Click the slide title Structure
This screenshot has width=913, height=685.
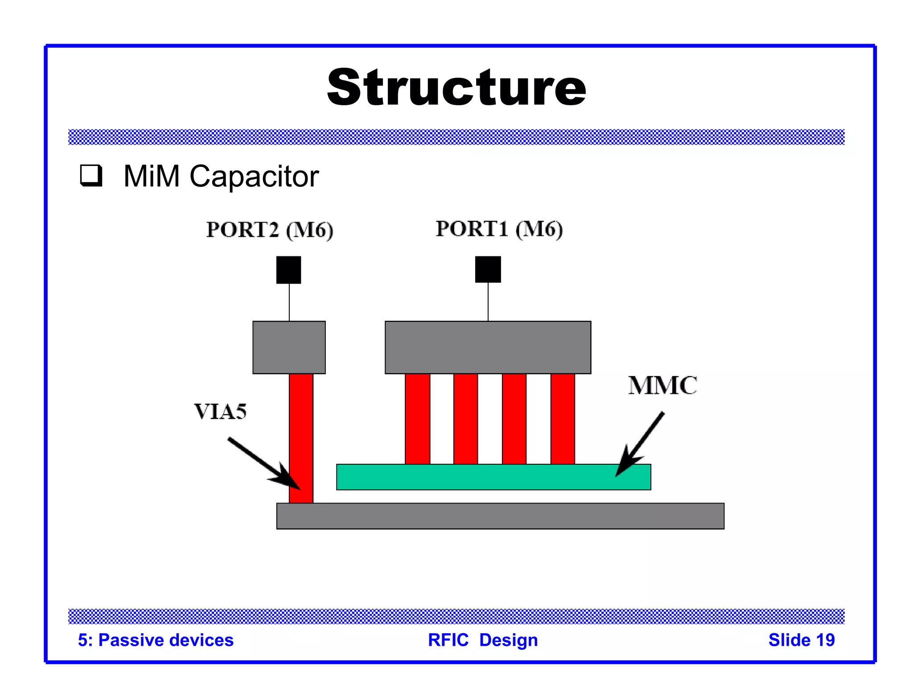456,87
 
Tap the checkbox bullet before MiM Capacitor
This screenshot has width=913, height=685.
91,175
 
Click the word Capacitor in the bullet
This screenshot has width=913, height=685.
254,177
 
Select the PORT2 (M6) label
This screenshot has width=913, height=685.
270,230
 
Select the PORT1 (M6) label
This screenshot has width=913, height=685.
499,229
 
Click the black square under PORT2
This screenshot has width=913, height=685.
288,270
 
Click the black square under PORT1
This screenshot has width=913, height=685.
488,269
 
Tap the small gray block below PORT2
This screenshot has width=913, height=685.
289,347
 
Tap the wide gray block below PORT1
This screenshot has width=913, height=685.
488,347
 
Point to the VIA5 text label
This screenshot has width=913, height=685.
220,411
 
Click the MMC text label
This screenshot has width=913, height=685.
662,385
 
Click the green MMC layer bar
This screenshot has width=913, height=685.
493,477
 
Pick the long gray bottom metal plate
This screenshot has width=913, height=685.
500,516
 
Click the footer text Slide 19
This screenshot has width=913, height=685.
801,640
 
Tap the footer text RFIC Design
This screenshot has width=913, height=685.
483,640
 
